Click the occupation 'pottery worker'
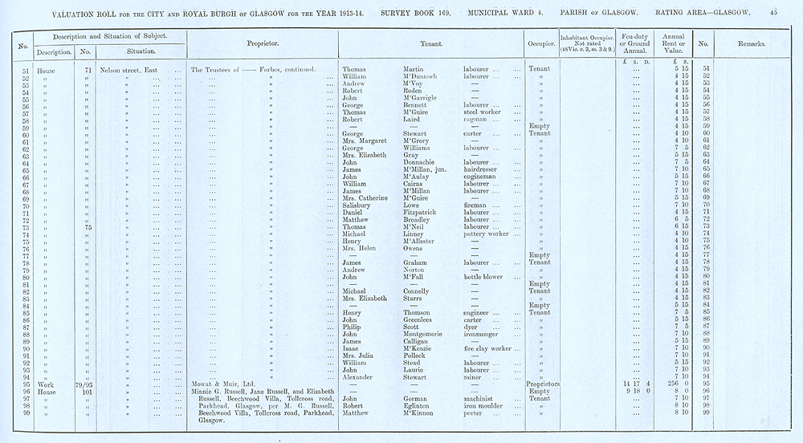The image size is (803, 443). (487, 234)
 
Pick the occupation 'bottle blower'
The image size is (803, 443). (483, 278)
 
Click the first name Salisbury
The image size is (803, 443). (358, 205)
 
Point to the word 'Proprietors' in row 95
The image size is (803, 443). (544, 384)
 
